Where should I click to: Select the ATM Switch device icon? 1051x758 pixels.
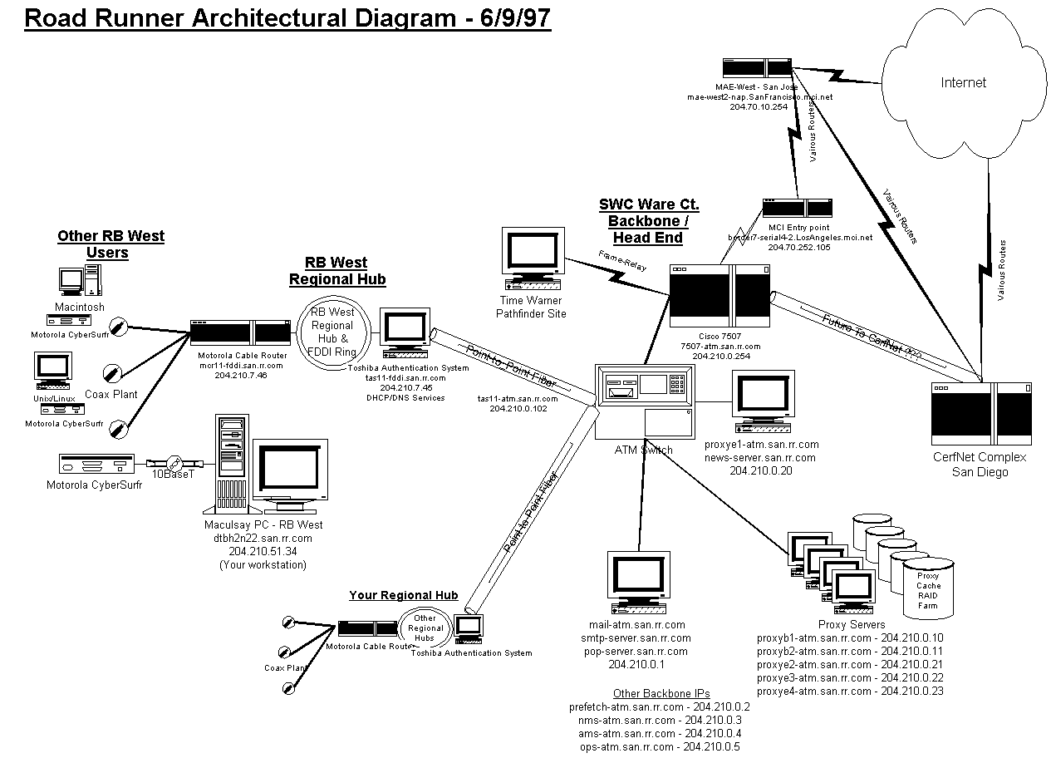pos(644,401)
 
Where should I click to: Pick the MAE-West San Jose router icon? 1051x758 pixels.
pos(756,69)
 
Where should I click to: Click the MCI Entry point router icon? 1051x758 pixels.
pos(798,208)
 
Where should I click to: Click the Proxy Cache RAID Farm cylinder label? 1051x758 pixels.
pos(928,590)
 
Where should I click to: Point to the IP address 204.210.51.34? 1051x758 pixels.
pos(263,551)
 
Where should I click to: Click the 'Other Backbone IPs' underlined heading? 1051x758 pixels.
pos(661,693)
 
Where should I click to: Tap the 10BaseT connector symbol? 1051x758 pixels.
pos(173,463)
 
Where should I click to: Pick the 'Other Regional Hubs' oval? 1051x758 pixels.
pos(425,628)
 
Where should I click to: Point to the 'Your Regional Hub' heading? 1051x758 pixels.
pos(403,595)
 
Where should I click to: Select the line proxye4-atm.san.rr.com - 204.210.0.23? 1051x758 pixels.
pos(850,691)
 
